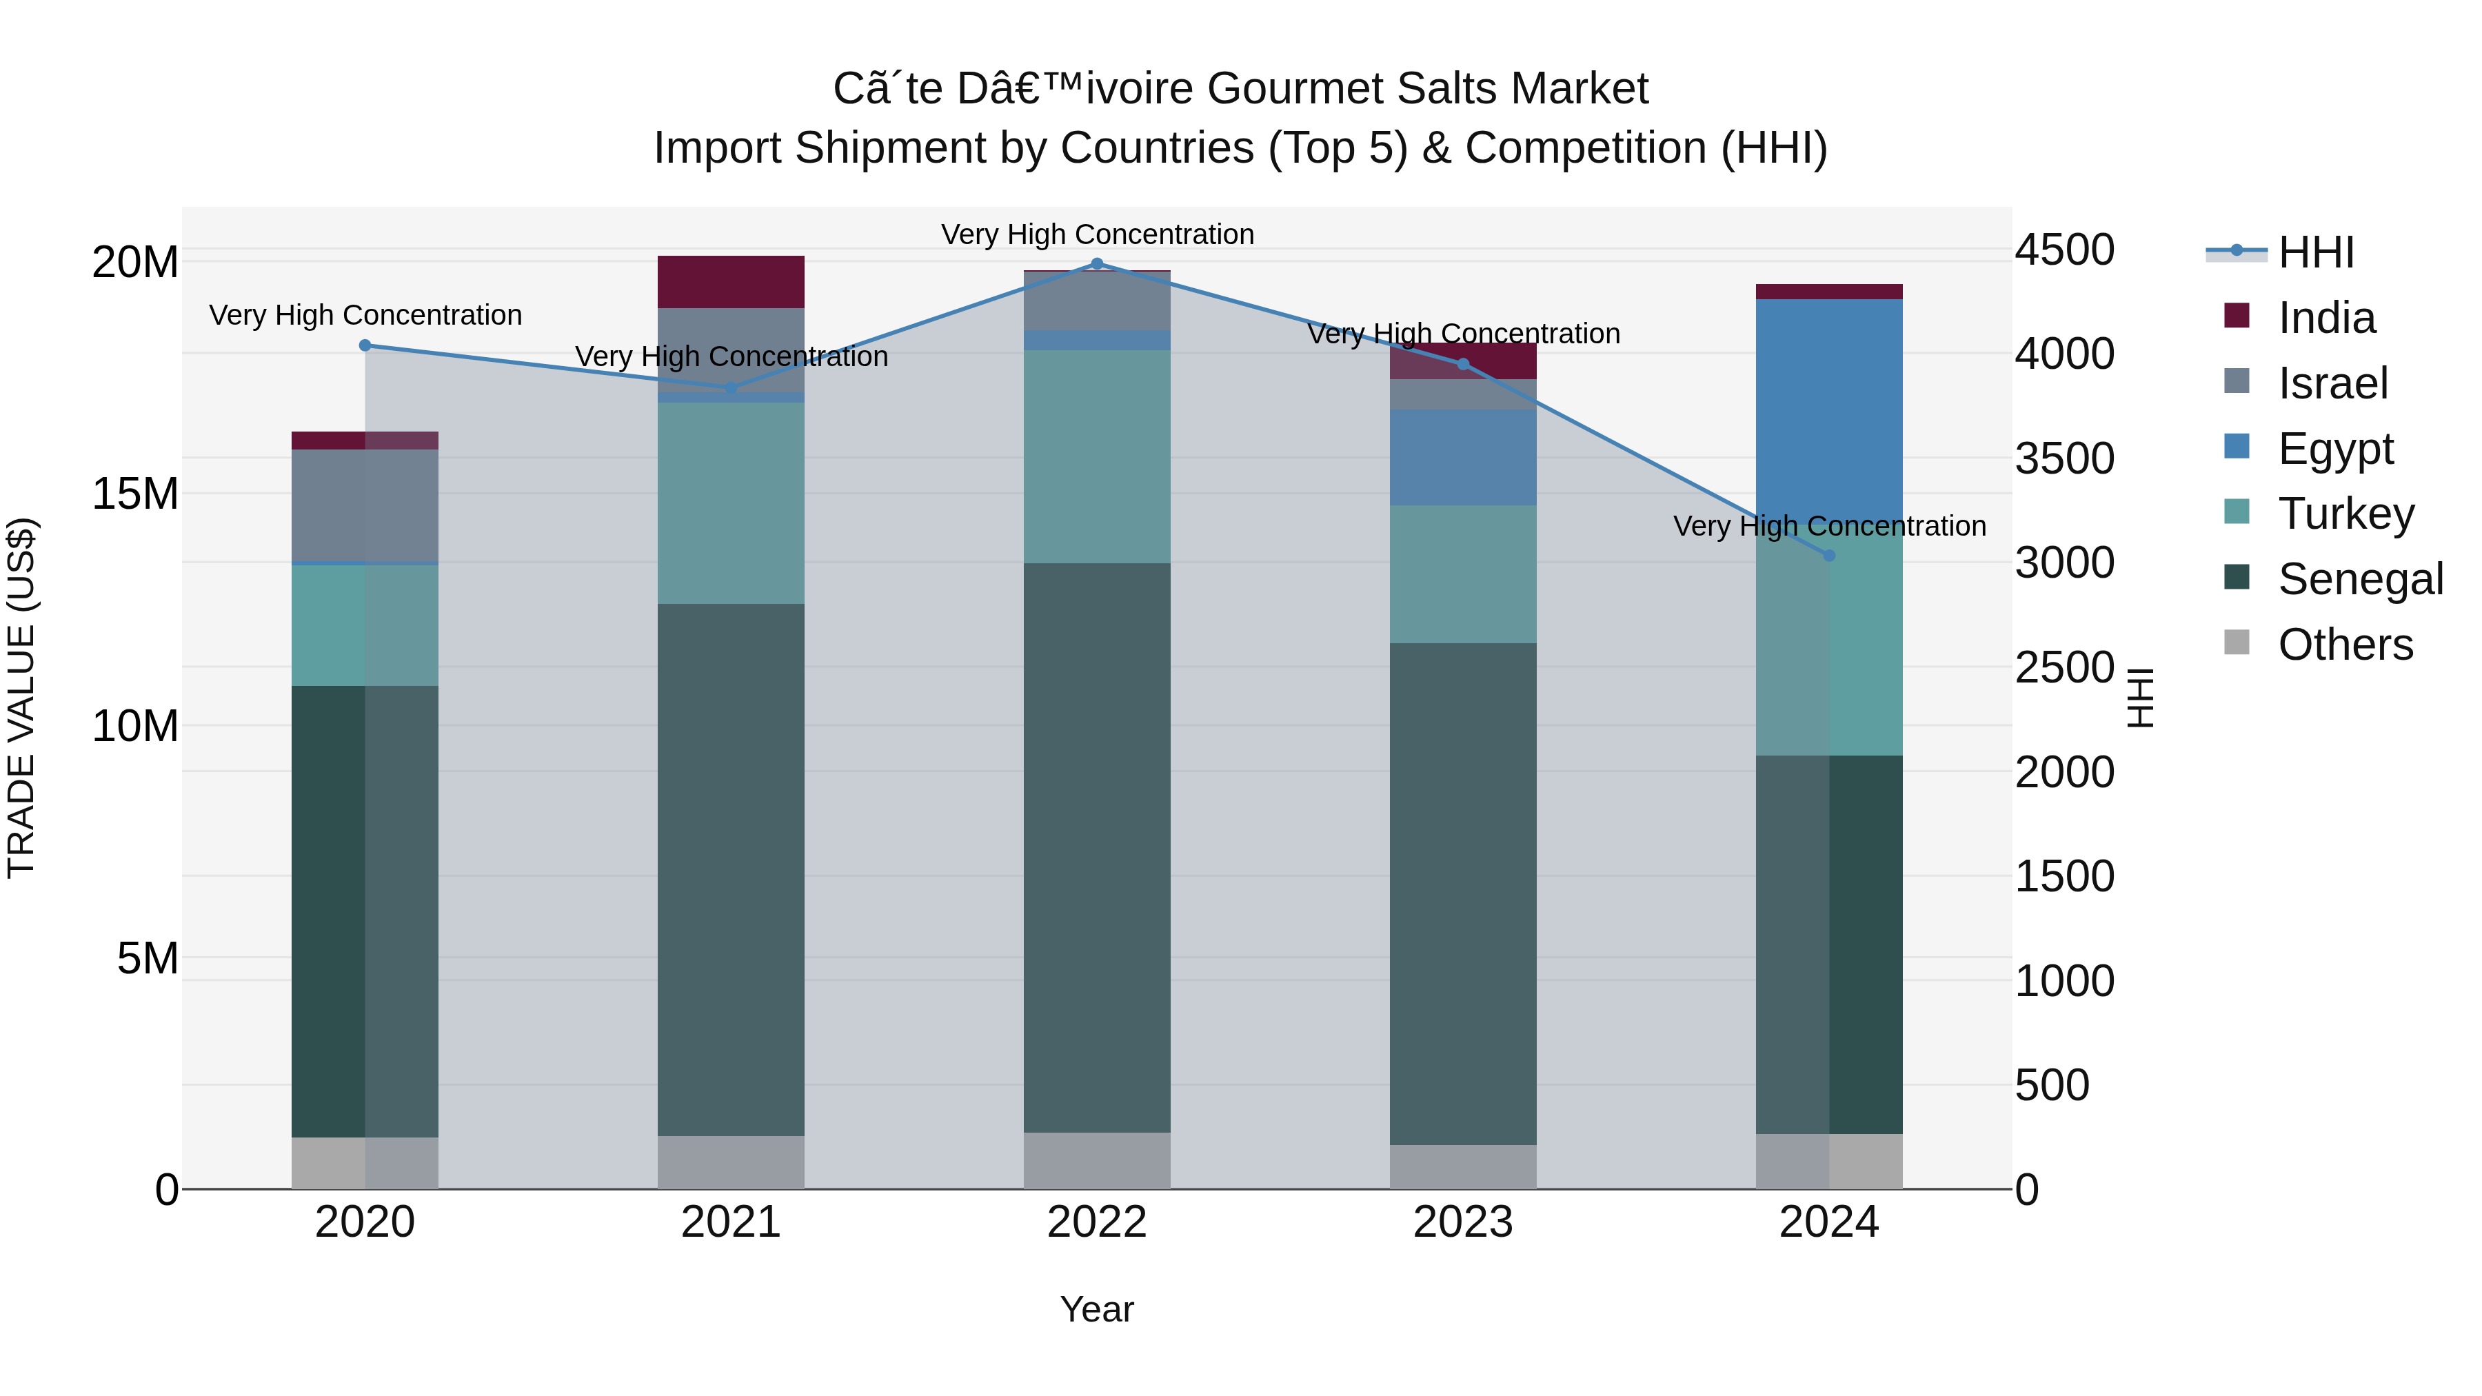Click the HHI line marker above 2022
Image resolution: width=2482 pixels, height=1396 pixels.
pyautogui.click(x=1096, y=264)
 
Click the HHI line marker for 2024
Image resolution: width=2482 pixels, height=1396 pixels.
pyautogui.click(x=1828, y=556)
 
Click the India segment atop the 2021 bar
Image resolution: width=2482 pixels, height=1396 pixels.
pyautogui.click(x=730, y=282)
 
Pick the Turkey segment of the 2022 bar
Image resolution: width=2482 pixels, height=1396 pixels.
pyautogui.click(x=1096, y=456)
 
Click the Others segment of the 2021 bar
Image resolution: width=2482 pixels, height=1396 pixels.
pyautogui.click(x=730, y=1162)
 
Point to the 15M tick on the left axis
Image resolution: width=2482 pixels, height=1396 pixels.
pyautogui.click(x=135, y=494)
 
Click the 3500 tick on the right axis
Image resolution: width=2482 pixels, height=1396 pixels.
pyautogui.click(x=2064, y=458)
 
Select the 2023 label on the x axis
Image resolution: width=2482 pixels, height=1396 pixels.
pyautogui.click(x=1462, y=1222)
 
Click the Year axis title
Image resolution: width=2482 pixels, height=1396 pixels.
pyautogui.click(x=1096, y=1309)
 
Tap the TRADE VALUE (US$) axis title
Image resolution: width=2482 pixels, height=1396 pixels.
pyautogui.click(x=22, y=698)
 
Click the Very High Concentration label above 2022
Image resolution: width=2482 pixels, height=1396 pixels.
pyautogui.click(x=1096, y=234)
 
